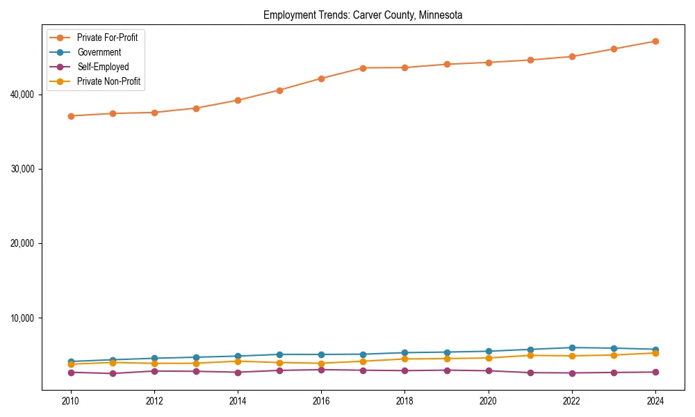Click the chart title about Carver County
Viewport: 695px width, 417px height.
pyautogui.click(x=363, y=15)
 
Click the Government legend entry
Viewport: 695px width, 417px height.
pyautogui.click(x=99, y=52)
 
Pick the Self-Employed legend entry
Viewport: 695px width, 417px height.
pyautogui.click(x=103, y=67)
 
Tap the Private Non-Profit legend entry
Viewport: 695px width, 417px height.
pyautogui.click(x=108, y=81)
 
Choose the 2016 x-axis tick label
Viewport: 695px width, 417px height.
pyautogui.click(x=321, y=401)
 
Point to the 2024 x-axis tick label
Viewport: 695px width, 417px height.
pyautogui.click(x=655, y=401)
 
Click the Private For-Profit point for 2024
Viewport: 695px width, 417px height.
pyautogui.click(x=655, y=41)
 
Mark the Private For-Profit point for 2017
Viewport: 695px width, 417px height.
pyautogui.click(x=363, y=67)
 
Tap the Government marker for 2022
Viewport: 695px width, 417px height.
pyautogui.click(x=572, y=347)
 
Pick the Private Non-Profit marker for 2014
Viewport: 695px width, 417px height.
pyautogui.click(x=238, y=361)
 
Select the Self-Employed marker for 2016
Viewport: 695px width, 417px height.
pyautogui.click(x=321, y=370)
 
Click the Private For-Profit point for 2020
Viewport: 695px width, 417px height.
pyautogui.click(x=489, y=63)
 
